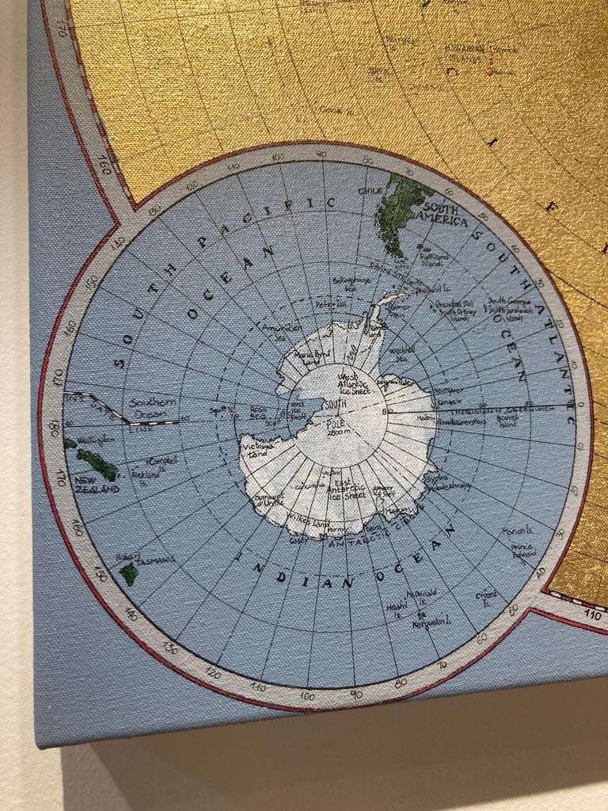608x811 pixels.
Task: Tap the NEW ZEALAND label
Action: [97, 484]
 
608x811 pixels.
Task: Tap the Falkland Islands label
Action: [451, 259]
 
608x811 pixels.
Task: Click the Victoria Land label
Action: [256, 451]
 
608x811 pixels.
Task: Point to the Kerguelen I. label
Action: [430, 625]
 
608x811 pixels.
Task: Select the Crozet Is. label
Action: [486, 595]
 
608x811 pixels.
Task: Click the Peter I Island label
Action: [331, 303]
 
